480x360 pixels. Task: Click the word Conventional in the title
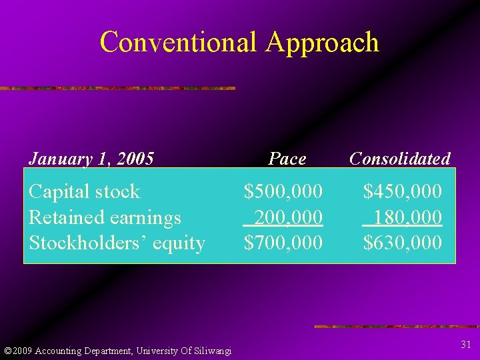[179, 42]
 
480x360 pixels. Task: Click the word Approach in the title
[322, 43]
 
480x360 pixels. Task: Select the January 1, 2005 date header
[91, 159]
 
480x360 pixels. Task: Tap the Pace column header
[287, 159]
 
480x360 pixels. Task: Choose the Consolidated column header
[399, 159]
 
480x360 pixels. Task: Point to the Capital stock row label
[85, 192]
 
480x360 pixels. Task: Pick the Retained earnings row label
[105, 217]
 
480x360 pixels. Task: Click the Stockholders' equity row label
[117, 243]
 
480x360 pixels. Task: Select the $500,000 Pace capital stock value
[283, 192]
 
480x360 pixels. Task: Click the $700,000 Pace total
[283, 243]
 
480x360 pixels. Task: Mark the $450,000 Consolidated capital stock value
[402, 192]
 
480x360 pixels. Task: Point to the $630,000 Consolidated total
[402, 243]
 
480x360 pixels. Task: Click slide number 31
[466, 344]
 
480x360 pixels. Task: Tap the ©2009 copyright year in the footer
[18, 351]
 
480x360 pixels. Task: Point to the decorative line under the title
[117, 88]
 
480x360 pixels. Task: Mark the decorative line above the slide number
[397, 327]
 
